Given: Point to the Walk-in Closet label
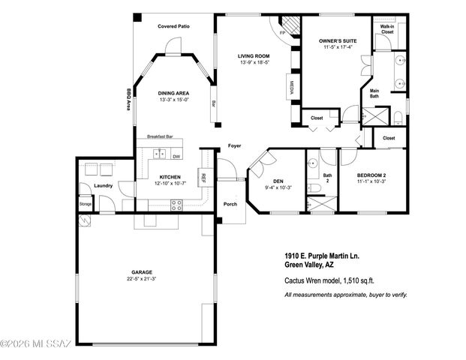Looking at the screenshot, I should click(387, 29).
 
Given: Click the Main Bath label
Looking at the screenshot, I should click(374, 93).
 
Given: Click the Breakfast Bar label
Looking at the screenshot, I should click(161, 136).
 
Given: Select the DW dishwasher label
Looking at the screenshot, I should click(176, 156).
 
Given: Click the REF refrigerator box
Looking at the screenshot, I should click(203, 177).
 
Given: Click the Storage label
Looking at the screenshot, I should click(86, 203).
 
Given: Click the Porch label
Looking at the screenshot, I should click(230, 203).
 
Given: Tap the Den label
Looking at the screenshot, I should click(278, 181).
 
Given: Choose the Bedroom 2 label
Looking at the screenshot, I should click(371, 175).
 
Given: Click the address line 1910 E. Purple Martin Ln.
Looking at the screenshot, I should click(322, 256).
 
